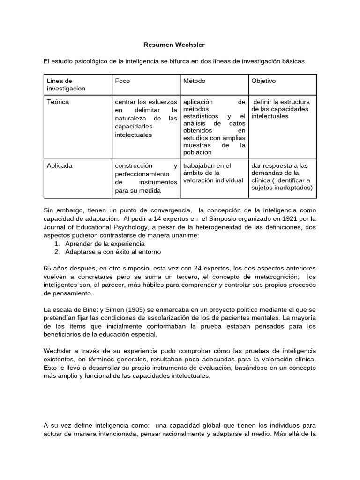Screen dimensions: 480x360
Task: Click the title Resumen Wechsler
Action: (174, 45)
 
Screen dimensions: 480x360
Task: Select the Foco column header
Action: (122, 81)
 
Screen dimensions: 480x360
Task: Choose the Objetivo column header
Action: (264, 81)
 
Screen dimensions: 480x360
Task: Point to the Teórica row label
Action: (58, 102)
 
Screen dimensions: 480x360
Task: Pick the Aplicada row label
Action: (60, 165)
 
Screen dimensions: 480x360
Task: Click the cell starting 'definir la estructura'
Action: (281, 109)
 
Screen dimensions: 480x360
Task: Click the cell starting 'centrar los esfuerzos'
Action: (146, 118)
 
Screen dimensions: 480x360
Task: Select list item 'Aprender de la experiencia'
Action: (105, 244)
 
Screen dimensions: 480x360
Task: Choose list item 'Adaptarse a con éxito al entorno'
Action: (112, 252)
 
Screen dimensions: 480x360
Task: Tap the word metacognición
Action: (269, 277)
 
